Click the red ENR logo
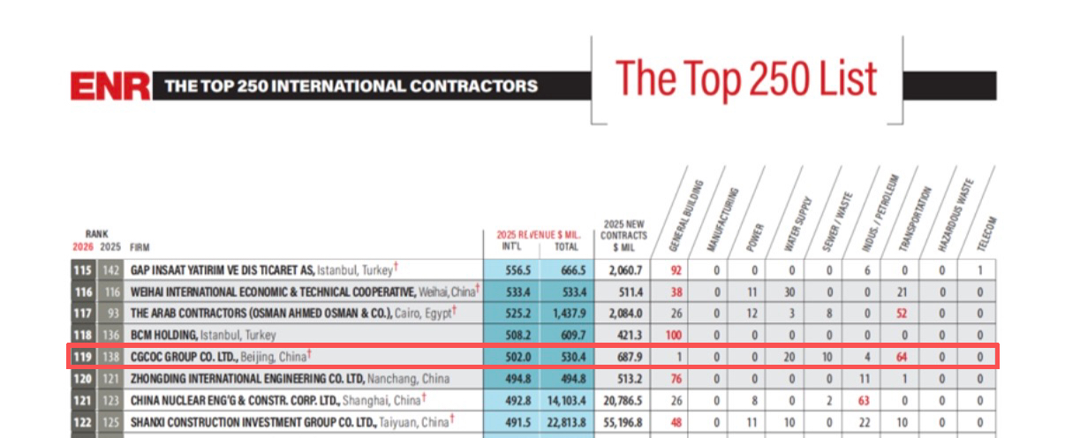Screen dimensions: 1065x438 coord(110,86)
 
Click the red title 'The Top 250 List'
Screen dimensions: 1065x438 coord(746,79)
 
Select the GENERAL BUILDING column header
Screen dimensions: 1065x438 coord(685,215)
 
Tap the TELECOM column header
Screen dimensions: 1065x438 coord(986,233)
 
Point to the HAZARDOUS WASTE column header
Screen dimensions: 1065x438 coord(955,215)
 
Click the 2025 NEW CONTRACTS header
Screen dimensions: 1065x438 coord(623,236)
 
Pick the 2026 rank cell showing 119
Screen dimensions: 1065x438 coord(83,357)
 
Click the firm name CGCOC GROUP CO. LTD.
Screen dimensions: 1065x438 coord(184,357)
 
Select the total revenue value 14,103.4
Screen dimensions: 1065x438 coord(567,400)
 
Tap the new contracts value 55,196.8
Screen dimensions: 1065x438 coord(623,422)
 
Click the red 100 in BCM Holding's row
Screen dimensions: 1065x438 coord(674,336)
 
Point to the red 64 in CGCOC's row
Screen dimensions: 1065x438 coord(901,357)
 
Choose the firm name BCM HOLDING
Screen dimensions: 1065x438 coord(163,336)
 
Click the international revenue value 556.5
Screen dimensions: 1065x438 coord(517,270)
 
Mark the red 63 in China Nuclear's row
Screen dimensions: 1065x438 coord(864,400)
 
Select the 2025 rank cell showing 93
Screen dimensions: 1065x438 coord(113,313)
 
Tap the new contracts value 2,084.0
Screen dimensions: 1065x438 coord(625,313)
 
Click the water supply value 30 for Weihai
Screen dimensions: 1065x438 coord(789,292)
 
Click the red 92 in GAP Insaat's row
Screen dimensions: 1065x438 coord(676,270)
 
